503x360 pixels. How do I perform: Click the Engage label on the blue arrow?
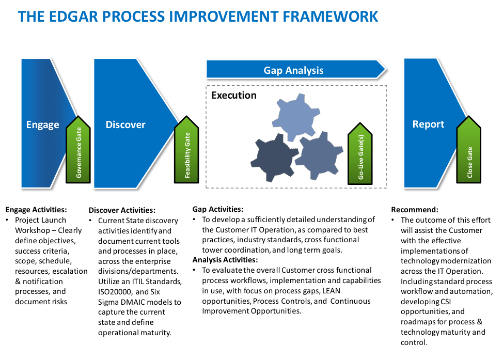[43, 124]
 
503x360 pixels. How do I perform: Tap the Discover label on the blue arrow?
[125, 124]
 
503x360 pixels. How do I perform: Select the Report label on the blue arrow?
[428, 124]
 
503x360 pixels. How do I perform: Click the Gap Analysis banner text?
[293, 70]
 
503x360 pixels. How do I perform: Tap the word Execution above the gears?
[233, 96]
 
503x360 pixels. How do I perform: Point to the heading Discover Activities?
[122, 210]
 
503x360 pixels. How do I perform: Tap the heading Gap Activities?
[218, 209]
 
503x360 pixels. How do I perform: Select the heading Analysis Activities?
[225, 260]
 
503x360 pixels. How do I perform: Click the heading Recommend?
[415, 210]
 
